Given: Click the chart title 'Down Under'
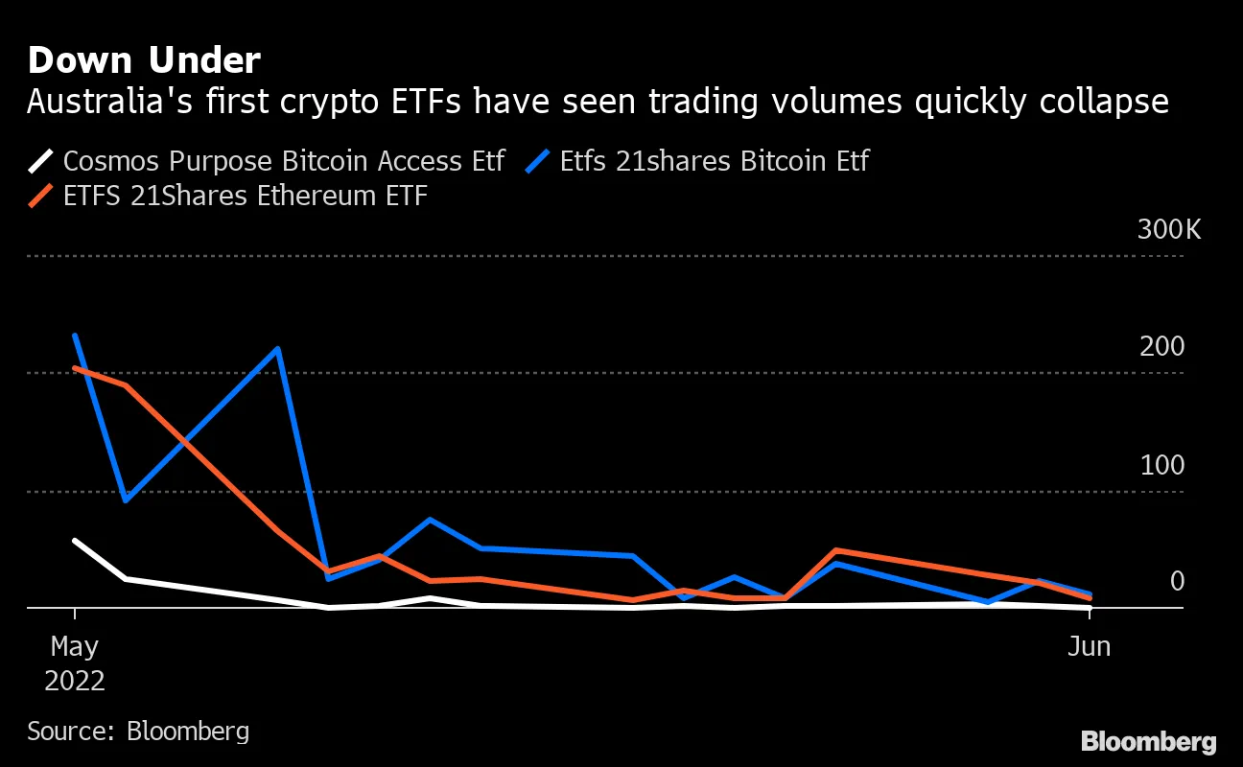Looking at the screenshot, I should (x=144, y=60).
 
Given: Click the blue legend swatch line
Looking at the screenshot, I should (x=539, y=160).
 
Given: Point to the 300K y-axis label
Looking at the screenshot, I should (x=1168, y=230).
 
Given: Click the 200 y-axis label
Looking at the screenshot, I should (x=1161, y=347).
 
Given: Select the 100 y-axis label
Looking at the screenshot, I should (x=1161, y=466).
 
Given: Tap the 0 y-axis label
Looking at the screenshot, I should (x=1176, y=581).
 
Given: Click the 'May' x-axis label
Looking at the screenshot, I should (x=75, y=647).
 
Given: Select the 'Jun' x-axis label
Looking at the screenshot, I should (x=1090, y=647).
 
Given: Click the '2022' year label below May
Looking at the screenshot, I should (x=75, y=682).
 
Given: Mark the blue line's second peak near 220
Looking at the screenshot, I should (x=278, y=349).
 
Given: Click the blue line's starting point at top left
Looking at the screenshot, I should (x=75, y=336).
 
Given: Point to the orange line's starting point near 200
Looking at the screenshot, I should (x=75, y=368).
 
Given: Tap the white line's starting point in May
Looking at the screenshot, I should (x=75, y=541).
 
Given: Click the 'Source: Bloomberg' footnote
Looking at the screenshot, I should (x=138, y=732).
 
